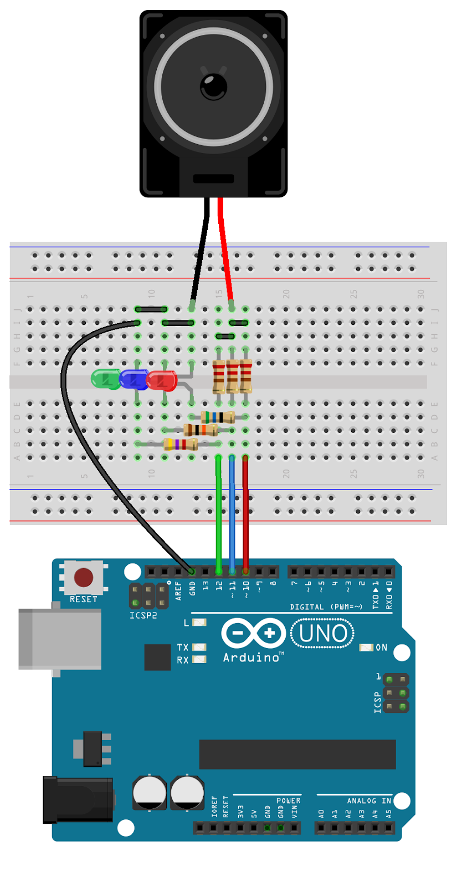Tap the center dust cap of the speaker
click(213, 86)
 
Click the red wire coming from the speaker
click(225, 249)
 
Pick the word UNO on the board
click(323, 634)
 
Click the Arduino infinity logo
click(253, 633)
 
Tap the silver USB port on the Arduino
click(59, 639)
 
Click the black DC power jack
click(78, 800)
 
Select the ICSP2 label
click(143, 616)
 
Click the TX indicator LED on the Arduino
click(199, 647)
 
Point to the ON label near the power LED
click(382, 648)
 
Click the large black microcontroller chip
click(297, 754)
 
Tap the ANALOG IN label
click(369, 801)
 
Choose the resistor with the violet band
click(181, 444)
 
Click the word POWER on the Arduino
click(289, 801)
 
